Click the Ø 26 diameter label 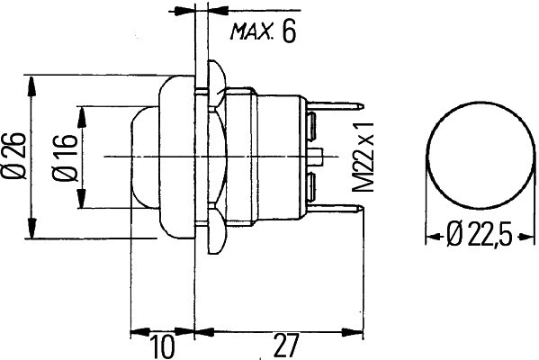click(13, 156)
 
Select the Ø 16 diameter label click(65, 157)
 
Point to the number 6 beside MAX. click(289, 31)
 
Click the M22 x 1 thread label click(363, 157)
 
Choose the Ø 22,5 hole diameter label click(480, 235)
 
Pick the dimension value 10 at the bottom click(162, 346)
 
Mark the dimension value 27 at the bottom click(285, 346)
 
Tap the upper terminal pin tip click(363, 106)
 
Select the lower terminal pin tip click(363, 207)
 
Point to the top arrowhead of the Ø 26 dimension click(31, 86)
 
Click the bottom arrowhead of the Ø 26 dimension click(31, 228)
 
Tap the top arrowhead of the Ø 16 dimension click(82, 117)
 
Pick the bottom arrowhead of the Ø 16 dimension click(82, 198)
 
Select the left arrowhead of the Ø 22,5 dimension click(434, 237)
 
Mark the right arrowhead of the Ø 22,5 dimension click(526, 237)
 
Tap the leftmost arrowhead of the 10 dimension click(140, 332)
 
